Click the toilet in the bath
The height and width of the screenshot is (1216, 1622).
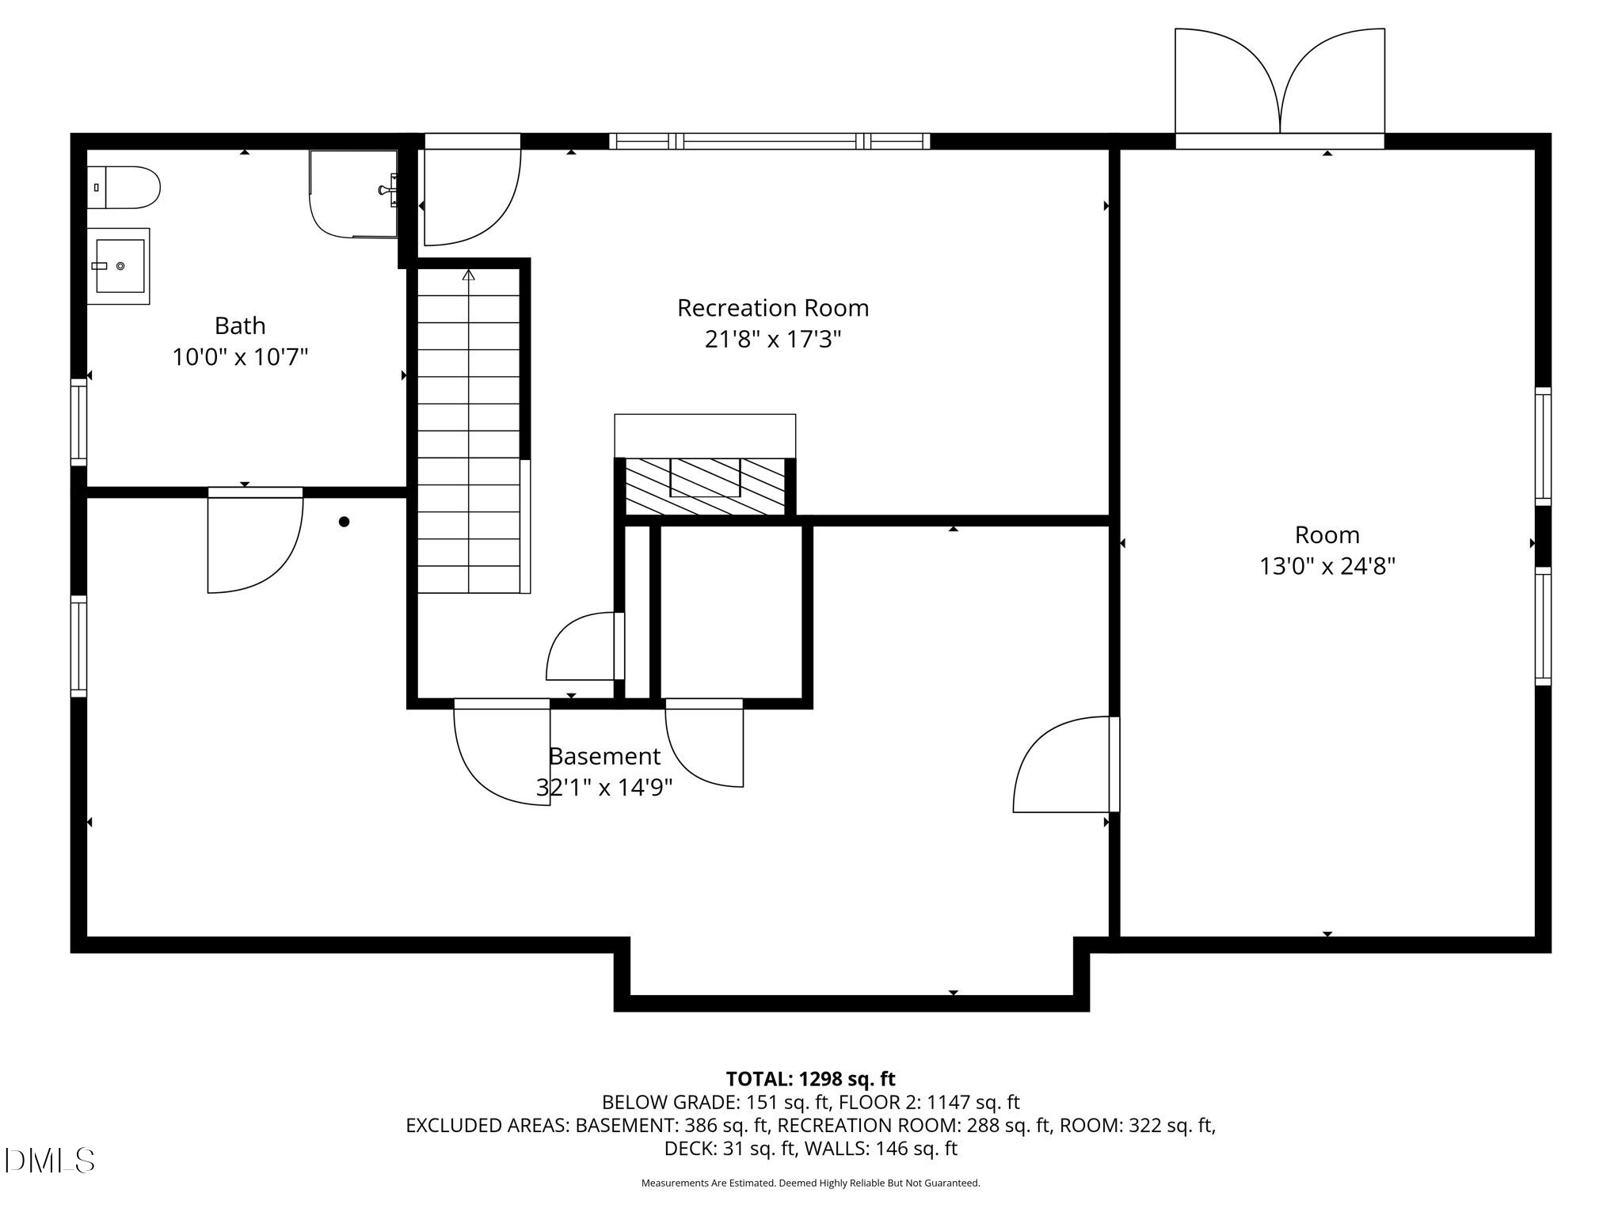(x=124, y=188)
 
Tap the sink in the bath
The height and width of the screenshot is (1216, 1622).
(x=118, y=266)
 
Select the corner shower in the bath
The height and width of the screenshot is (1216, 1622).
(x=353, y=194)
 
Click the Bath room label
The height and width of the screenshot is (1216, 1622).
(x=240, y=325)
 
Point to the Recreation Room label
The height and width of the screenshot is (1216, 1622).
(x=773, y=307)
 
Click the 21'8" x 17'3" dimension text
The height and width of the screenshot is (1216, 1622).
(x=773, y=340)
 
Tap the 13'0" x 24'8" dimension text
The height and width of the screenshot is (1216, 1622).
(x=1327, y=567)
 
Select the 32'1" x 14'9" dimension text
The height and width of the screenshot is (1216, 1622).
(x=604, y=788)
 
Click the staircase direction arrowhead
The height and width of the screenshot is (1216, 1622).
(x=469, y=275)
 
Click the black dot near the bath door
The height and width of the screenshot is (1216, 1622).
(x=344, y=522)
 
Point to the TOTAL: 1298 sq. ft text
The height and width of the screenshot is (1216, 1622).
(x=810, y=1079)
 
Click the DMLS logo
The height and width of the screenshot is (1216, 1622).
(x=49, y=1161)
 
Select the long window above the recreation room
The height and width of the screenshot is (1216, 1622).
(x=769, y=142)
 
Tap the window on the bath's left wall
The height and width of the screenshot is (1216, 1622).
(x=78, y=423)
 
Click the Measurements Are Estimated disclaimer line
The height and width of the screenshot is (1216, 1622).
(x=810, y=1183)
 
